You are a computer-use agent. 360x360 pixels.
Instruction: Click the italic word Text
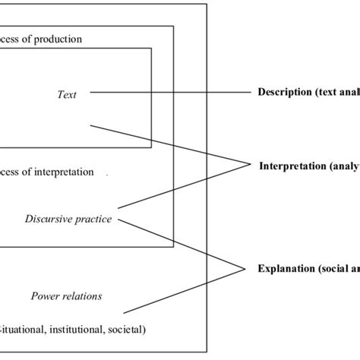(x=67, y=94)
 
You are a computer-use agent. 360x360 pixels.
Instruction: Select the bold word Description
(x=282, y=93)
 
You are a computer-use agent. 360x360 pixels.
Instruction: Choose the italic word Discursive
(x=47, y=220)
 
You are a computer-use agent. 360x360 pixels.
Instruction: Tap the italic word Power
(x=45, y=296)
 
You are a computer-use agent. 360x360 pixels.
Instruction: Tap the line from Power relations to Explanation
(x=182, y=289)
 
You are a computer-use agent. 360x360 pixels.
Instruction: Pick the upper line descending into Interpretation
(x=167, y=143)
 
